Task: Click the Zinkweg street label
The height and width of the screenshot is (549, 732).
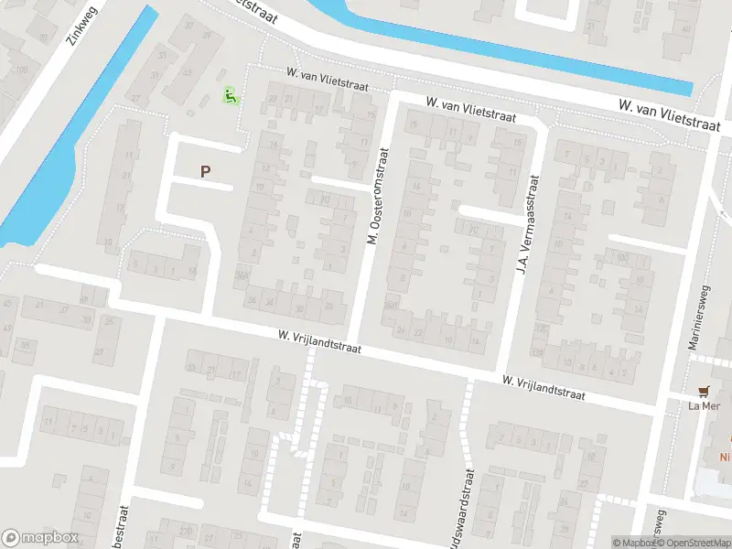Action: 81,28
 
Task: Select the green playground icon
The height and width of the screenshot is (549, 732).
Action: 231,94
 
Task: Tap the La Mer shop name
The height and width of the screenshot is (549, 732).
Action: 705,406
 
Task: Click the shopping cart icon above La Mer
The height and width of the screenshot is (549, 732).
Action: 705,391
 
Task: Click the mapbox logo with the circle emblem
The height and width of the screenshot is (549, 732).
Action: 40,538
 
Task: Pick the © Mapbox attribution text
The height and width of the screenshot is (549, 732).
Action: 632,543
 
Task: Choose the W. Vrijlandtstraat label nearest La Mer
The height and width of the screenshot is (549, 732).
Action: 543,386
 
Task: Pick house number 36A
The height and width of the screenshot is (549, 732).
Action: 242,274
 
